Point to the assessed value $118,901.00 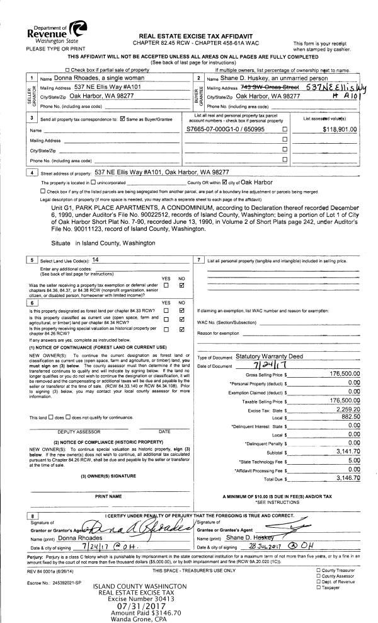tap(339, 129)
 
